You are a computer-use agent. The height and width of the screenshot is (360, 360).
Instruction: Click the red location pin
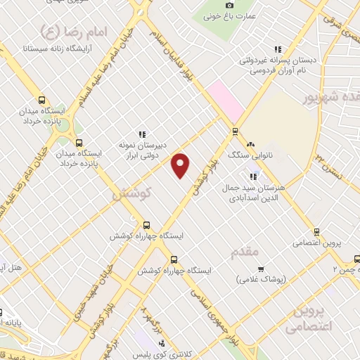tap(181, 165)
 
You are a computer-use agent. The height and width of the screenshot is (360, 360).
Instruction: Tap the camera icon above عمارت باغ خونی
tap(230, 6)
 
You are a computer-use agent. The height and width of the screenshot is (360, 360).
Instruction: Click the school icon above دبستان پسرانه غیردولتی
tap(278, 49)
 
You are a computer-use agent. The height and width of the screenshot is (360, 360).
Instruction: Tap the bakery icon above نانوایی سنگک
tap(250, 143)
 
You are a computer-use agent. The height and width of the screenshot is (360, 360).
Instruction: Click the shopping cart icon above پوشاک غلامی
tap(261, 269)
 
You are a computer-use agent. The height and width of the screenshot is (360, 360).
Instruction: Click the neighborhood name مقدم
tap(245, 250)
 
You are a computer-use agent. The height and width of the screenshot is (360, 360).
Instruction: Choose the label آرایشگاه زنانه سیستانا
tap(56, 49)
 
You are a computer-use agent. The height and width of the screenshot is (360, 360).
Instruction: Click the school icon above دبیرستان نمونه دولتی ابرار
tap(142, 134)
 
